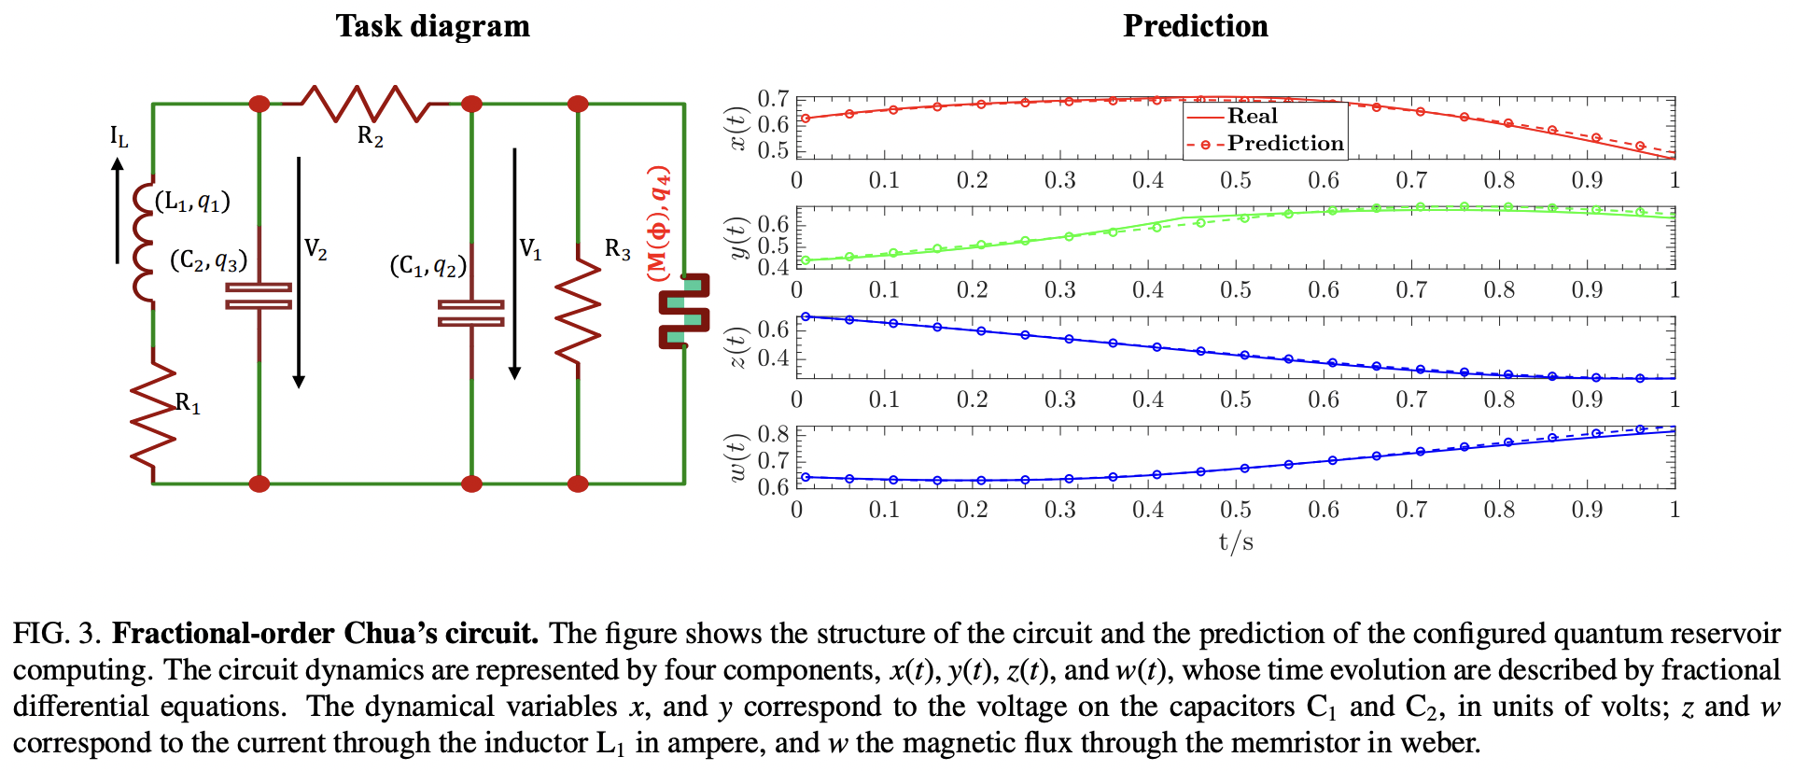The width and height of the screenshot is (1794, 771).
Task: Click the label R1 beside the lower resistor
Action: pyautogui.click(x=188, y=403)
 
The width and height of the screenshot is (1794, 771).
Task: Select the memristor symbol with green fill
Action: pyautogui.click(x=684, y=311)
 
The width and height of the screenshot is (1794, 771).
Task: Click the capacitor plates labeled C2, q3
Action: pyautogui.click(x=259, y=297)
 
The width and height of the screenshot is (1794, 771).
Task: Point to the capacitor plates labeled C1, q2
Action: pyautogui.click(x=471, y=313)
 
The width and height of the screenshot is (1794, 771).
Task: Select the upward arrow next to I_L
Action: pyautogui.click(x=118, y=210)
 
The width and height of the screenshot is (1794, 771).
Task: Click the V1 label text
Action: pyautogui.click(x=530, y=249)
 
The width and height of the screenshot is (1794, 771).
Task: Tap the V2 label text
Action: pyautogui.click(x=315, y=249)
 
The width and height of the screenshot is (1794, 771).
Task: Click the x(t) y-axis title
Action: pyautogui.click(x=738, y=129)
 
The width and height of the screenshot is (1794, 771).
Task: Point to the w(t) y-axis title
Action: pyautogui.click(x=738, y=457)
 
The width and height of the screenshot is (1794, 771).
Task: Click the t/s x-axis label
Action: pyautogui.click(x=1235, y=542)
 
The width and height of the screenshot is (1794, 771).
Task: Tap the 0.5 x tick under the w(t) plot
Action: pyautogui.click(x=1235, y=510)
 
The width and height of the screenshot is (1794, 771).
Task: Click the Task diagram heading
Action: pyautogui.click(x=432, y=26)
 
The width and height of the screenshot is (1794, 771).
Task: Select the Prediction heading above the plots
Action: pyautogui.click(x=1195, y=26)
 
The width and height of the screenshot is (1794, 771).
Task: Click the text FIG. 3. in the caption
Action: pyautogui.click(x=56, y=634)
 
